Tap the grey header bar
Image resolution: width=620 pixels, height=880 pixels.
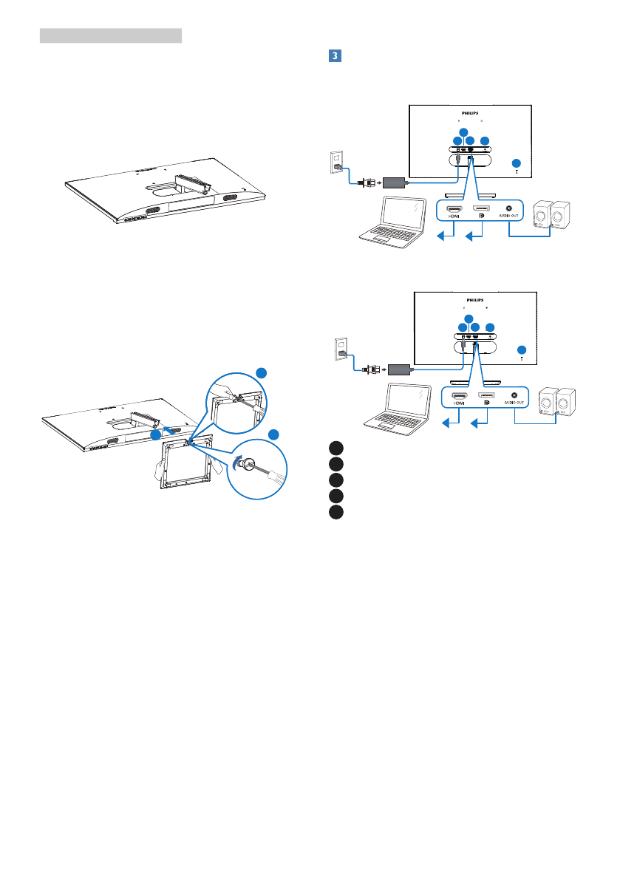tap(110, 35)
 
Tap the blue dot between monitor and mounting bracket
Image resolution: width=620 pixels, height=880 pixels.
tap(155, 436)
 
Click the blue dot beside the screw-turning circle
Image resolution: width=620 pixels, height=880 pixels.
tap(275, 434)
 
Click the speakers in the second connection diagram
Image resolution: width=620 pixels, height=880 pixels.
tap(558, 403)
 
